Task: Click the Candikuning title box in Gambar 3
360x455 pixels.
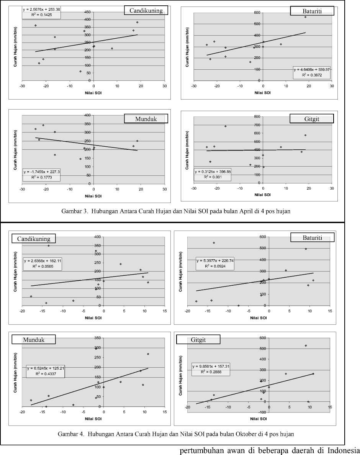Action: pos(144,10)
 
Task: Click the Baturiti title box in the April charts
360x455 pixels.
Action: pos(312,11)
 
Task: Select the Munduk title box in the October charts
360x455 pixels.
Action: pos(33,339)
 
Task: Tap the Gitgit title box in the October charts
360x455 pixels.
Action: pos(198,340)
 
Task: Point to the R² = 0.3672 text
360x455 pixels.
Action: pos(309,75)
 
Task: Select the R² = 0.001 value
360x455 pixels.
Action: pos(211,177)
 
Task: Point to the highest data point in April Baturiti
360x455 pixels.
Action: pos(305,17)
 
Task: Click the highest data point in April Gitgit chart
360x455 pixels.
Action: pos(226,126)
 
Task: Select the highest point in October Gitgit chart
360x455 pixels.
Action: pos(306,345)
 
